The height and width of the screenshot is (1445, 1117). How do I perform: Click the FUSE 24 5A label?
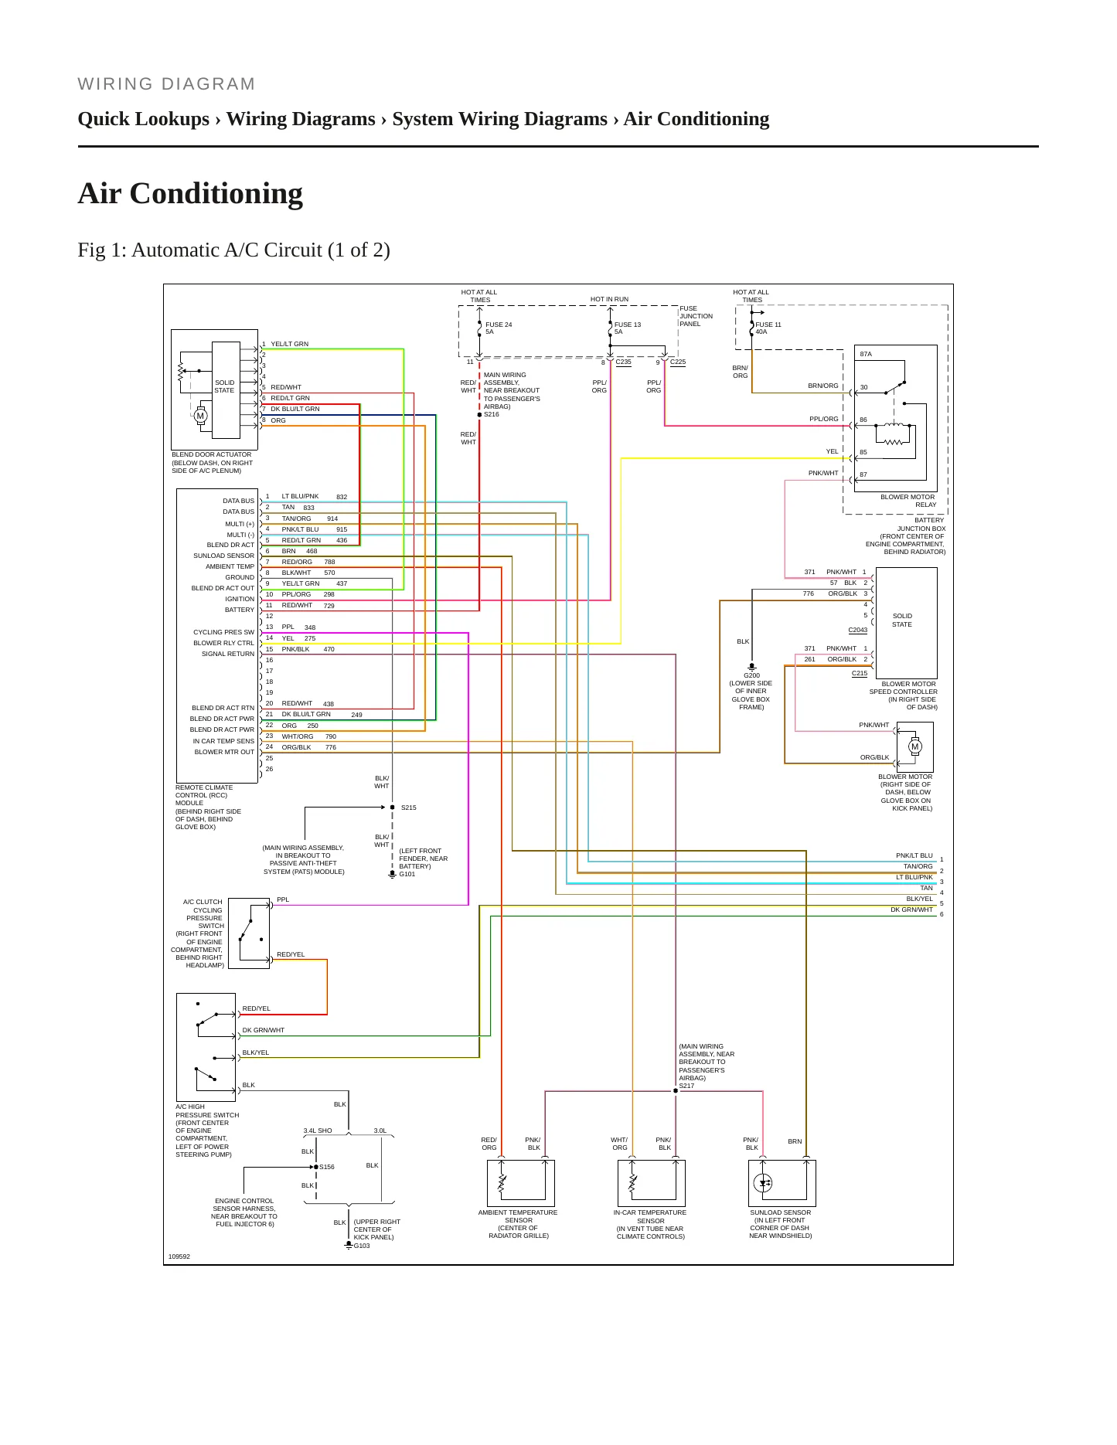(499, 328)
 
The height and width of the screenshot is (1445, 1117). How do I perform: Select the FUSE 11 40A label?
(768, 328)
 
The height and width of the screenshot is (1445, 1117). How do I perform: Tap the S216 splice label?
(492, 415)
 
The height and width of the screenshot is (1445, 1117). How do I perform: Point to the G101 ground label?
(407, 874)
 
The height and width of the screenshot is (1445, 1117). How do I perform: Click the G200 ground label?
(751, 675)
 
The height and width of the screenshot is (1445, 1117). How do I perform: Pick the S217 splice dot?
(676, 1091)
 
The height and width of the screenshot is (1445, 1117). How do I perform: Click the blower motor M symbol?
(915, 746)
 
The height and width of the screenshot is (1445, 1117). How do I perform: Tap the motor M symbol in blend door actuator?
(200, 416)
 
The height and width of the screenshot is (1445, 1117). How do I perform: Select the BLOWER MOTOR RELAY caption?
(908, 501)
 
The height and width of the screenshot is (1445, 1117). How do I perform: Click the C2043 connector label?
(858, 630)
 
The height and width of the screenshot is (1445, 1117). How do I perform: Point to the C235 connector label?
(623, 362)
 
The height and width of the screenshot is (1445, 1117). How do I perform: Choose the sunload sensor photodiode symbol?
(763, 1183)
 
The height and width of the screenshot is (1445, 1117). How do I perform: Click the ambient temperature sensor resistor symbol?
(502, 1183)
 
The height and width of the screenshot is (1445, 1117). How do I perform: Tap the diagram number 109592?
(179, 1256)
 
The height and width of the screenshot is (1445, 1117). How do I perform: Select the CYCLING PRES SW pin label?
(223, 632)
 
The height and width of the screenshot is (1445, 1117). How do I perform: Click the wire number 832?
(342, 497)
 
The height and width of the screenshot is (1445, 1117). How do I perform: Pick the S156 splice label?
(327, 1167)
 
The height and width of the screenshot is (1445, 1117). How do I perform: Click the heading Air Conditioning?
(190, 193)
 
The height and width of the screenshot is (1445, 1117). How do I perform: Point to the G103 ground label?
(362, 1246)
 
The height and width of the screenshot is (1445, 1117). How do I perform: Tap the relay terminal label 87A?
(866, 354)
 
